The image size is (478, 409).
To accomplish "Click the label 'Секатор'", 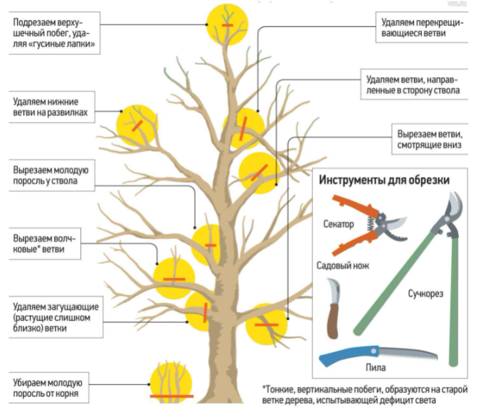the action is click(339, 224).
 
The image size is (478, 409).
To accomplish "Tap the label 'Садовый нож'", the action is click(343, 265).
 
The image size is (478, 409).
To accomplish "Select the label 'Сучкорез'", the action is click(425, 294).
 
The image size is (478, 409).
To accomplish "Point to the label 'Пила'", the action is click(376, 367).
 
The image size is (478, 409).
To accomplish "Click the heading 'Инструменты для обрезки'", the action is click(384, 180).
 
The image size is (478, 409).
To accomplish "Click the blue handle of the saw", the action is click(349, 356).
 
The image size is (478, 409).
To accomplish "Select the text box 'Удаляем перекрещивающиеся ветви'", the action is click(422, 28).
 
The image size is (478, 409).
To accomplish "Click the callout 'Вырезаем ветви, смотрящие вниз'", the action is click(430, 139).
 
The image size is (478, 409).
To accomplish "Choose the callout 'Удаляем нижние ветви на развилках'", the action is click(52, 107).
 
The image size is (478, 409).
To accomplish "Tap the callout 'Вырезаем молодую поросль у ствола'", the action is click(52, 175).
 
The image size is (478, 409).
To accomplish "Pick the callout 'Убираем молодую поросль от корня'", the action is click(49, 388).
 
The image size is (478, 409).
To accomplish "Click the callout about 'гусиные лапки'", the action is click(54, 33).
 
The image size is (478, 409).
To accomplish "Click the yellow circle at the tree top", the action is click(227, 25).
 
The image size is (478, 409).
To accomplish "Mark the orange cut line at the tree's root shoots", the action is click(171, 396).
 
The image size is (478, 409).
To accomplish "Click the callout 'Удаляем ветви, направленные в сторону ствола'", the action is click(414, 84).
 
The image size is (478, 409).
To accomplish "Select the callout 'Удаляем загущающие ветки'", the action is click(55, 317).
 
